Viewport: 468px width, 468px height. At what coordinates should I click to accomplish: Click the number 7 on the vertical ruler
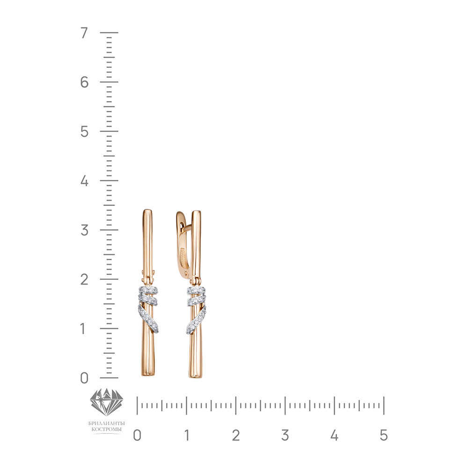point(84,33)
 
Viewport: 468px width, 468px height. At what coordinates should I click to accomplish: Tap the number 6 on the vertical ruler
point(84,82)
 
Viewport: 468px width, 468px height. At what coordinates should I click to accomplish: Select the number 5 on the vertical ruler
point(84,132)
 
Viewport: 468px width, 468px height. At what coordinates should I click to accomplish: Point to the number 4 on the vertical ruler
point(84,181)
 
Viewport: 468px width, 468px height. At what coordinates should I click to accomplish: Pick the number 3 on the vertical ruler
point(84,230)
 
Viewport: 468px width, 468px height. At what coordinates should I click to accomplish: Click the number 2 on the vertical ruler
point(84,279)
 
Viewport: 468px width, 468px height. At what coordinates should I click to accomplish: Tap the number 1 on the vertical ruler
point(83,329)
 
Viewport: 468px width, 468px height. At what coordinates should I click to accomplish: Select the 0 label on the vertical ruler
point(84,378)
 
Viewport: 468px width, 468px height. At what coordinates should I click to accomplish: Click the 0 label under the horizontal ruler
point(137,435)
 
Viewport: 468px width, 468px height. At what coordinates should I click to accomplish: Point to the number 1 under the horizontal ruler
point(187,435)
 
